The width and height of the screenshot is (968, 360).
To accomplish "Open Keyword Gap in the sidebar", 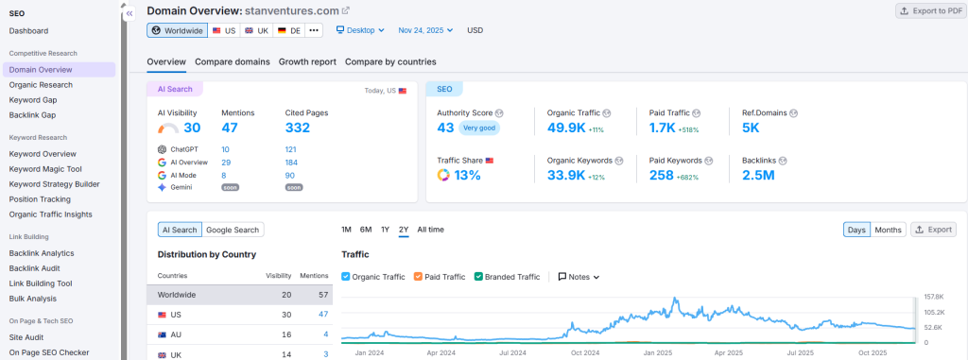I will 33,99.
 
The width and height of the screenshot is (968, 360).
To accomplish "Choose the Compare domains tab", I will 233,61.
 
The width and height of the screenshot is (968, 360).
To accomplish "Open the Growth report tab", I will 307,61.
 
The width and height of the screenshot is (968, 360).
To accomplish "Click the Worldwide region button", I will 177,30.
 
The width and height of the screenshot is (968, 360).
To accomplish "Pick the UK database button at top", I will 256,30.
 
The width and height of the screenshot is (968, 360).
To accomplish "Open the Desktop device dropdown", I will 360,30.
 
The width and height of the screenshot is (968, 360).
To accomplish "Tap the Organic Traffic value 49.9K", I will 569,128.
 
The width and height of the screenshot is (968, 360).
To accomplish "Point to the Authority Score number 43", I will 446,128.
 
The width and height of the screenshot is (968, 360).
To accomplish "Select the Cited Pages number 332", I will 298,128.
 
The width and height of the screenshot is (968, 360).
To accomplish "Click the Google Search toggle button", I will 233,230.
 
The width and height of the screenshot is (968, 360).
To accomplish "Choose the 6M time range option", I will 366,230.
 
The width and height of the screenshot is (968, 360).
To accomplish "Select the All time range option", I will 430,230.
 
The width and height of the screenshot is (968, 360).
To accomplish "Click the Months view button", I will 888,230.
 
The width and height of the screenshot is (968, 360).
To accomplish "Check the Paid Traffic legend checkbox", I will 418,277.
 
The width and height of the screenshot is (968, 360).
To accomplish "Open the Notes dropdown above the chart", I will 579,277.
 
